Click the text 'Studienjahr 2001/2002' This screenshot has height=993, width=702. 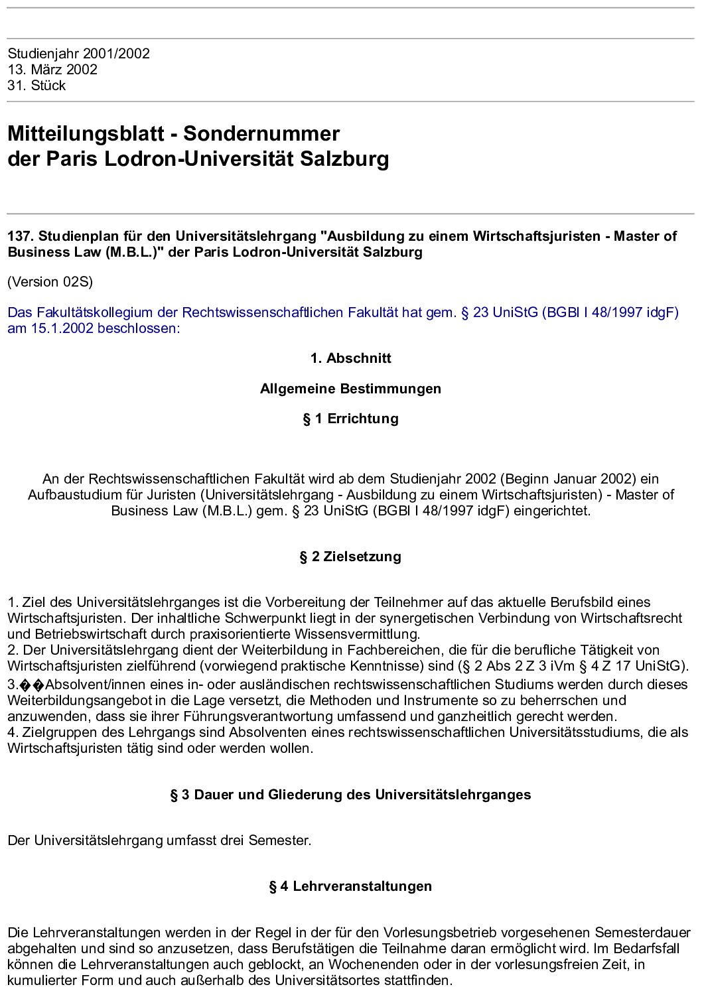[78, 54]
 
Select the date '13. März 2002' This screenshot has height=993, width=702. [52, 70]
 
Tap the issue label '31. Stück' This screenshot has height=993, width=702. [36, 86]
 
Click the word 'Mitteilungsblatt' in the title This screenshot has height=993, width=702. [86, 134]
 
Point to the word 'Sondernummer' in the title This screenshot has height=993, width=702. [261, 134]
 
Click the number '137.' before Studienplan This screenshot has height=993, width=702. [21, 236]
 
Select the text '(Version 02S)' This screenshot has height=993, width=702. [50, 282]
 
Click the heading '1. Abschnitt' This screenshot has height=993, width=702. [350, 358]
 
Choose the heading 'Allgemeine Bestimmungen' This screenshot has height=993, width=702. [350, 389]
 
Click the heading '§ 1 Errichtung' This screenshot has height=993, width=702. [350, 419]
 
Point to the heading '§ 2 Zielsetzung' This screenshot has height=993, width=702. [350, 557]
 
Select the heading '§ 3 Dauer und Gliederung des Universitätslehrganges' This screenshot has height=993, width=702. [350, 795]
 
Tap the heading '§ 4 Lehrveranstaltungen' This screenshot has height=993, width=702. [350, 886]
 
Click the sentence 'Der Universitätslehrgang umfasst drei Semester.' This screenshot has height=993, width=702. [159, 840]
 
